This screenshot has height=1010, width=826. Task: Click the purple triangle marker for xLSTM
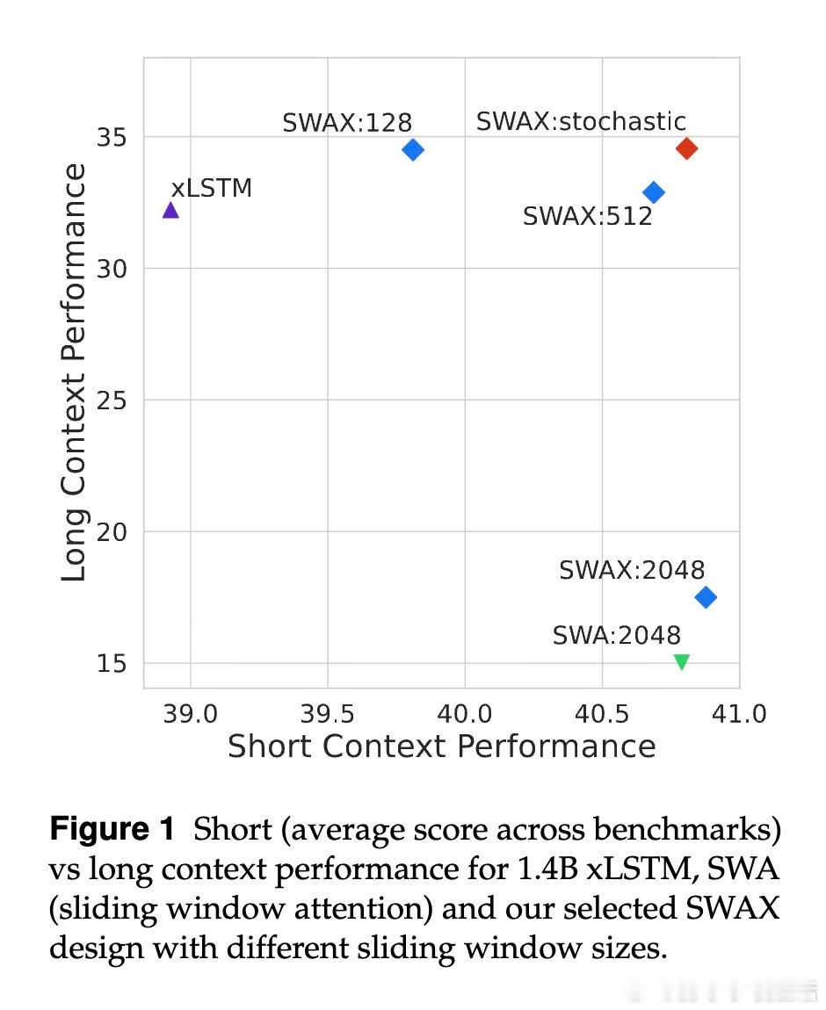170,210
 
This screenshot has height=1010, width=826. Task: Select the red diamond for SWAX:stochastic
686,148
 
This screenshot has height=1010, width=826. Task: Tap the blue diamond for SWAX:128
412,149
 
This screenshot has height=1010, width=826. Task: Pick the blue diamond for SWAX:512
653,192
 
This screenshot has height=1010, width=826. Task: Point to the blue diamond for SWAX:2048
705,597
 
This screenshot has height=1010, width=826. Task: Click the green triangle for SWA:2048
681,662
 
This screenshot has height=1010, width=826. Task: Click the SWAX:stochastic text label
580,121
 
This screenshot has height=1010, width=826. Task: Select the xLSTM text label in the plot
211,188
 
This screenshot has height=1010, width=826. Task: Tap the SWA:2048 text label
616,635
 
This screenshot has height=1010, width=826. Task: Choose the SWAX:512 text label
587,216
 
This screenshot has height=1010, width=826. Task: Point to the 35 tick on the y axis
112,138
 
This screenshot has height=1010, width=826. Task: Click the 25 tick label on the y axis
112,400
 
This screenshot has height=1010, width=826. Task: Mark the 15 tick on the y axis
112,664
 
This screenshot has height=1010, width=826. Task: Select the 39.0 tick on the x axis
191,713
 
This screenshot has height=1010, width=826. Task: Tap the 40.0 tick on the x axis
465,713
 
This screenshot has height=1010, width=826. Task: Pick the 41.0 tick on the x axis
739,713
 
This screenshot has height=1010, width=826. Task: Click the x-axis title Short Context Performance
441,747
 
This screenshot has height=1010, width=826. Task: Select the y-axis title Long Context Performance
75,372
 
